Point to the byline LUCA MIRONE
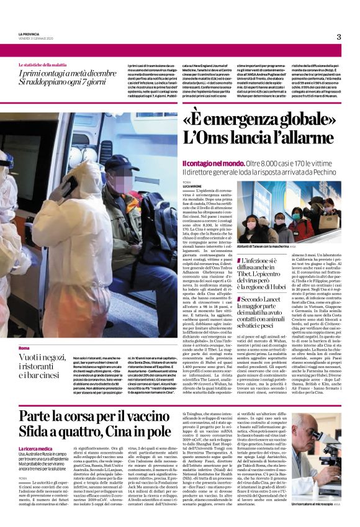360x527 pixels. pos(193,185)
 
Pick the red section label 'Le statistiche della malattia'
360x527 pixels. pos(47,65)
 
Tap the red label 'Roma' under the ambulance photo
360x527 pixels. pos(24,348)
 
